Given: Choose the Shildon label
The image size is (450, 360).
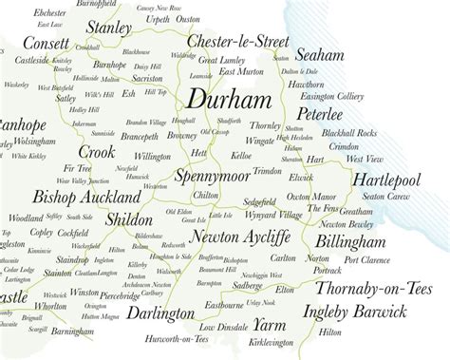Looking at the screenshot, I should [130, 218].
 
